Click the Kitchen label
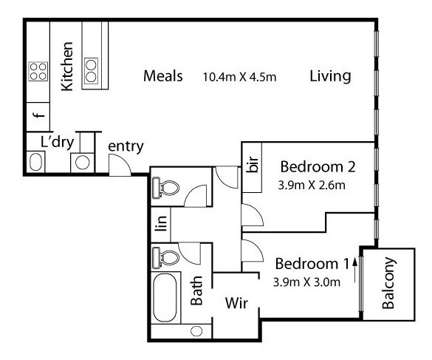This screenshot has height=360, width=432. click(67, 67)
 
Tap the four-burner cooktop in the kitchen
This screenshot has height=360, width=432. click(38, 71)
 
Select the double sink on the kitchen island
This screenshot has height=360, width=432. click(91, 71)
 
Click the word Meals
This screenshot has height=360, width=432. click(162, 76)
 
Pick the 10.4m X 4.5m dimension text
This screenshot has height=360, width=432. click(239, 77)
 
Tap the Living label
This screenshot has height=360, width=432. click(330, 76)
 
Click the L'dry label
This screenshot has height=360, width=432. click(57, 143)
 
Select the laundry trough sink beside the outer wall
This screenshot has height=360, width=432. click(36, 162)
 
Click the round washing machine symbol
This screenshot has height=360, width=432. click(83, 163)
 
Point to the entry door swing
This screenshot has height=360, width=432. click(120, 165)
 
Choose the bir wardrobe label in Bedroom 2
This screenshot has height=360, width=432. click(253, 164)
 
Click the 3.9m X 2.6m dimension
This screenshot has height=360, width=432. click(312, 185)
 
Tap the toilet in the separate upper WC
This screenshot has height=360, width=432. click(165, 188)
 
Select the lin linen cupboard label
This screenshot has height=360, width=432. click(161, 223)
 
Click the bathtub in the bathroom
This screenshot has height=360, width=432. click(165, 297)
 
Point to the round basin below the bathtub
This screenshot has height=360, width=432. click(196, 331)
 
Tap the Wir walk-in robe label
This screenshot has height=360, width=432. click(236, 303)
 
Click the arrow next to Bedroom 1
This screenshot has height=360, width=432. click(355, 270)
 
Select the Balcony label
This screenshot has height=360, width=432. click(388, 283)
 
